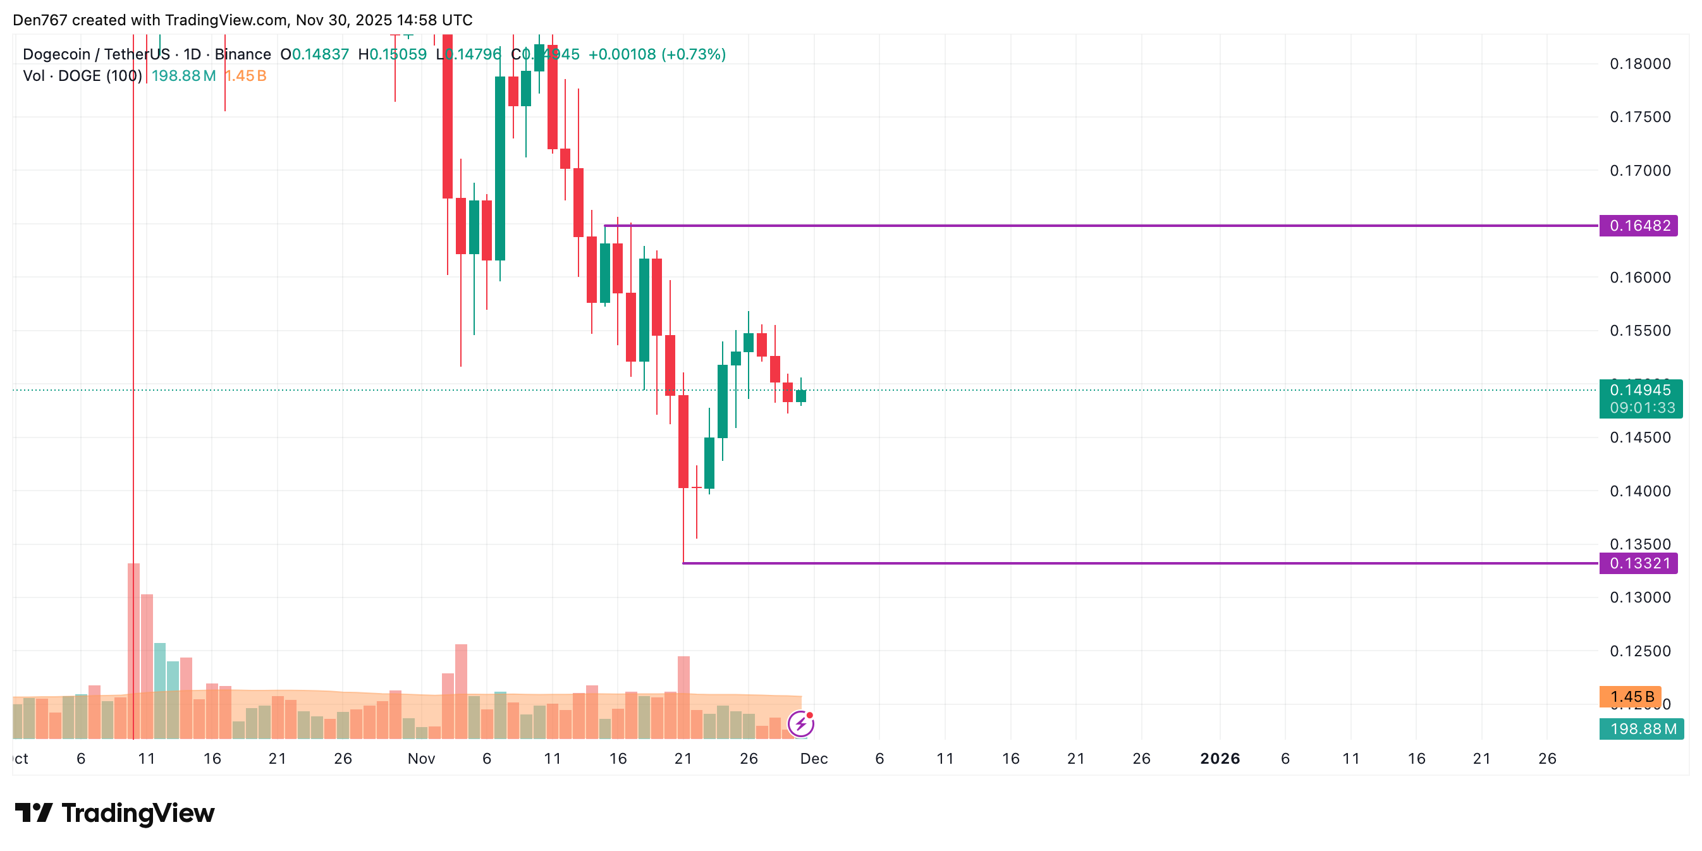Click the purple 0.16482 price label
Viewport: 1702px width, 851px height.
(x=1639, y=226)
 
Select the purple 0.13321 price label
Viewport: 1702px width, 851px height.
(x=1639, y=563)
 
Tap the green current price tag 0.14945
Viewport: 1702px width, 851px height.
(x=1640, y=391)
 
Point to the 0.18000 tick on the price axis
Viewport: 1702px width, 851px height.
(x=1640, y=64)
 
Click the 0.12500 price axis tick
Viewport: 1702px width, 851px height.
(x=1640, y=651)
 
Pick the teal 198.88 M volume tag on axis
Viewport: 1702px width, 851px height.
(x=1641, y=729)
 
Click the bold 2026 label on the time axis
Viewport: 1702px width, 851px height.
(x=1220, y=759)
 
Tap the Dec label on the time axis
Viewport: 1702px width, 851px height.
(x=813, y=759)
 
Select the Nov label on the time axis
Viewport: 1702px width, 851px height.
(x=421, y=759)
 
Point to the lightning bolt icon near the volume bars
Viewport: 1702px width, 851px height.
(x=801, y=724)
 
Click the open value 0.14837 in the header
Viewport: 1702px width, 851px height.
(x=321, y=54)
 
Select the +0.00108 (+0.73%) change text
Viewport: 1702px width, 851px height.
(x=657, y=54)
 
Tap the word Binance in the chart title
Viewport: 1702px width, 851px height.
(x=243, y=54)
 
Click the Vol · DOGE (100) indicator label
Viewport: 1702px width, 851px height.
(x=83, y=76)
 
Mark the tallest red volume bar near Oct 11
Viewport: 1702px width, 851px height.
(x=133, y=651)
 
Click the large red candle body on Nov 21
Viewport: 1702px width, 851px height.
(x=683, y=441)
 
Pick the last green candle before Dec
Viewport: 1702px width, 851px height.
(x=801, y=396)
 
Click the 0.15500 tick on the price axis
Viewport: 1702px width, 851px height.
(x=1640, y=331)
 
